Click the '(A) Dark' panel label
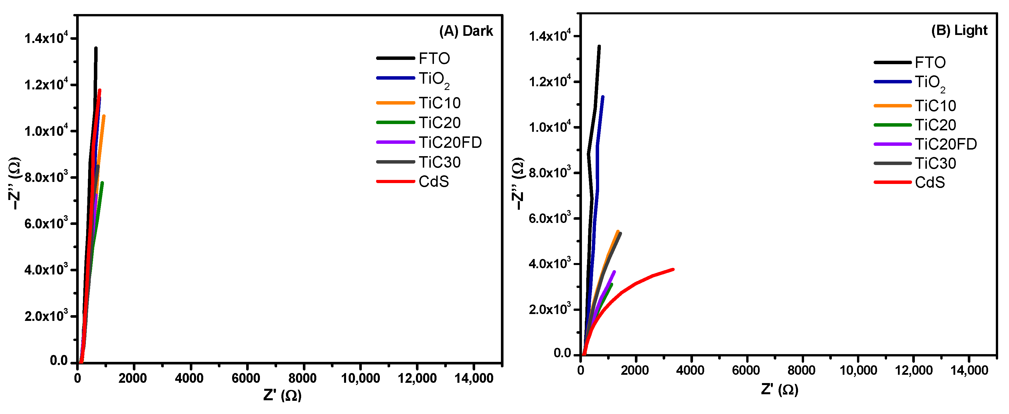[466, 31]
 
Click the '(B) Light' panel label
[959, 30]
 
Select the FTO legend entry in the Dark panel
[434, 58]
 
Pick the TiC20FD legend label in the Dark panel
[450, 142]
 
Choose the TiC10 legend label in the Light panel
[935, 106]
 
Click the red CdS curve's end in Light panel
[673, 269]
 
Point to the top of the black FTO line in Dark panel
[96, 48]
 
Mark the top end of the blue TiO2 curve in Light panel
[603, 97]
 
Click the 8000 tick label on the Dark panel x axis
[302, 378]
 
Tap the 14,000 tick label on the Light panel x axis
[969, 370]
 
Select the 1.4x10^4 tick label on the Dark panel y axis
[46, 38]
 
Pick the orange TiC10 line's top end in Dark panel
[104, 116]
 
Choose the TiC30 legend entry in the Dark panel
[439, 162]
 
